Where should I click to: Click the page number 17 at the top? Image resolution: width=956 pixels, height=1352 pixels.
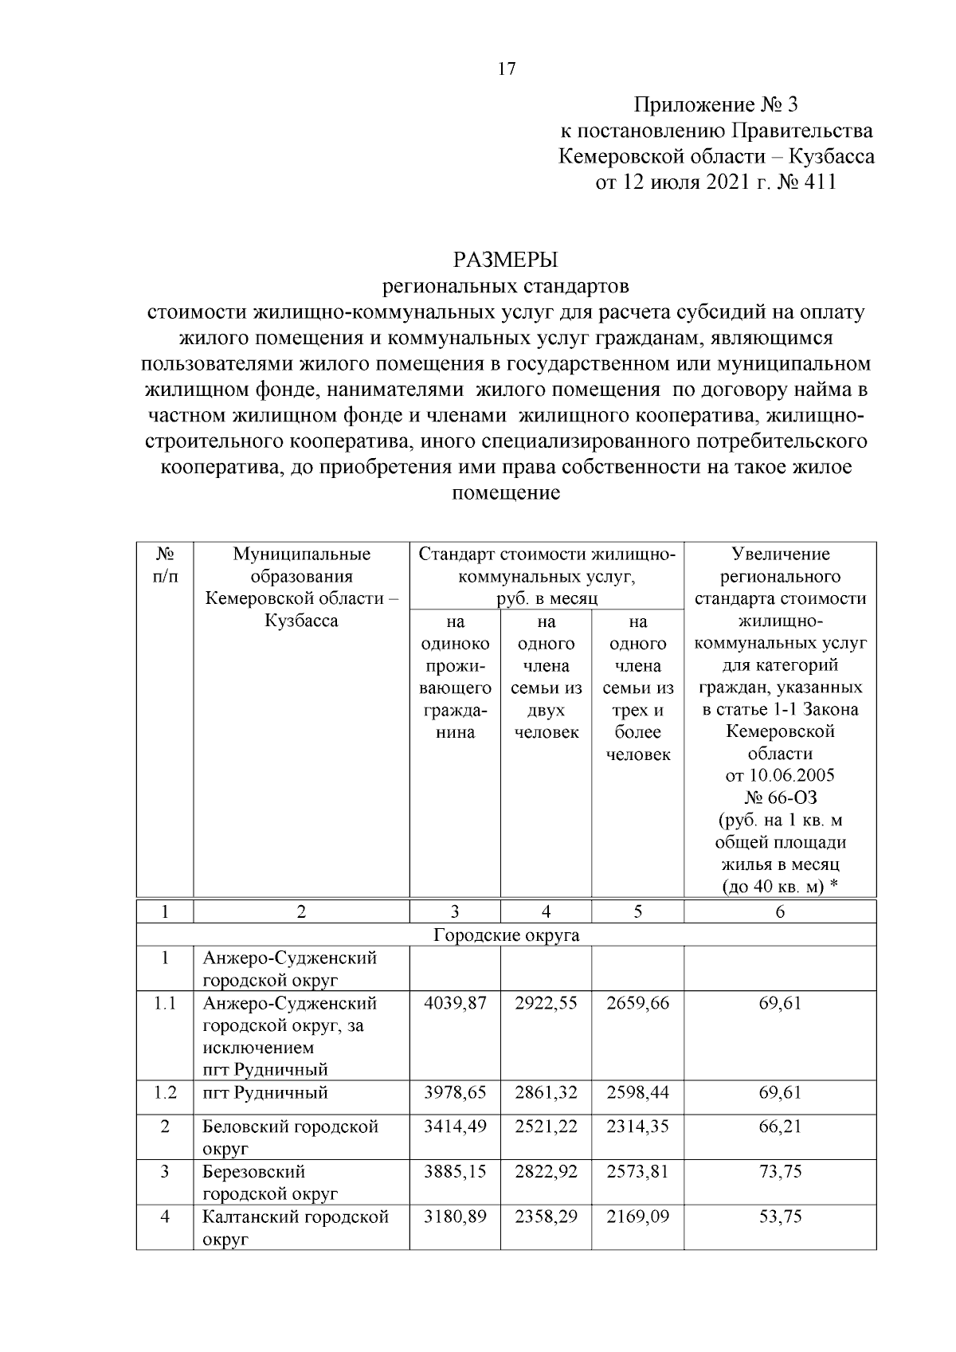coord(507,69)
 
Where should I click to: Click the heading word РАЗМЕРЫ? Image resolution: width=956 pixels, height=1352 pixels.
coord(506,260)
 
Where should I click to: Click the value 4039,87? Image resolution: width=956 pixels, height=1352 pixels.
coord(455,1003)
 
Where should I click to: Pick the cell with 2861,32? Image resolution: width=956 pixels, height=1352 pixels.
coord(546,1092)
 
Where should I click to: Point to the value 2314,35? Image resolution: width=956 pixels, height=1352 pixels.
coord(637,1127)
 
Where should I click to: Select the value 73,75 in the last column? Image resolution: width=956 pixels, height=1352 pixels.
coord(780,1172)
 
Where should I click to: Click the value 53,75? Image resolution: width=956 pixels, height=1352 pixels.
coord(780,1217)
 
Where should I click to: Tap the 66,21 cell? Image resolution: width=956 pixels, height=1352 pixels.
coord(780,1127)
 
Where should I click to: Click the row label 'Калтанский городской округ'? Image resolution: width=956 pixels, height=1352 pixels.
coord(296,1228)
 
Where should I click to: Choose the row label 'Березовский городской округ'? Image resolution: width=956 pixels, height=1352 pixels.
coord(271,1182)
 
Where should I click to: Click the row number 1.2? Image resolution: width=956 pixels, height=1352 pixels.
coord(165,1092)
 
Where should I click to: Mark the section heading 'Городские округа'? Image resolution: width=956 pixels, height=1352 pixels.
coord(506,935)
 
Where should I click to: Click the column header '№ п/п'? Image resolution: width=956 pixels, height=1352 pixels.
coord(164,564)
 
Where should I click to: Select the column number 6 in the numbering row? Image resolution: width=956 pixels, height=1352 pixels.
coord(780,912)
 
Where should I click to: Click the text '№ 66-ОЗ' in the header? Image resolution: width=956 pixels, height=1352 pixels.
coord(780,797)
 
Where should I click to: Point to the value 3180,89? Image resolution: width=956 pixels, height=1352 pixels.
coord(455,1217)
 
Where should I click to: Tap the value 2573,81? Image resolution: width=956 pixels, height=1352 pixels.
coord(637,1172)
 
